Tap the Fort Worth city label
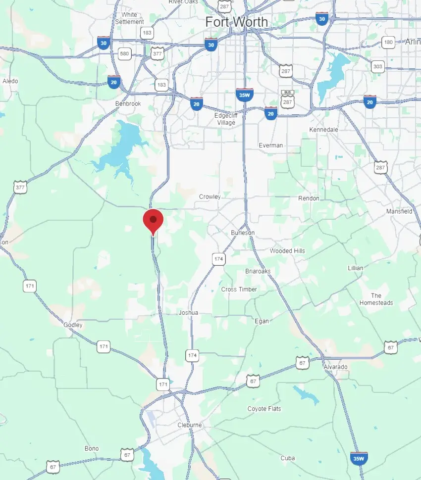(237, 22)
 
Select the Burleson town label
(243, 233)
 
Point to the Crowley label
(210, 196)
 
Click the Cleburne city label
(190, 425)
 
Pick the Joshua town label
(188, 313)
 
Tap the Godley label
(73, 325)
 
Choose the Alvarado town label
(335, 367)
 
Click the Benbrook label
(128, 103)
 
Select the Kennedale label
(323, 129)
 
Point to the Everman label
(271, 145)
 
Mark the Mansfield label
(399, 211)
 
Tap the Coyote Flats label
(264, 409)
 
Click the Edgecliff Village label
(226, 119)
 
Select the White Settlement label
(129, 18)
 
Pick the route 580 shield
(124, 53)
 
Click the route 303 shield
(378, 66)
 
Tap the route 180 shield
(388, 43)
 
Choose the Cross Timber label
(239, 289)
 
